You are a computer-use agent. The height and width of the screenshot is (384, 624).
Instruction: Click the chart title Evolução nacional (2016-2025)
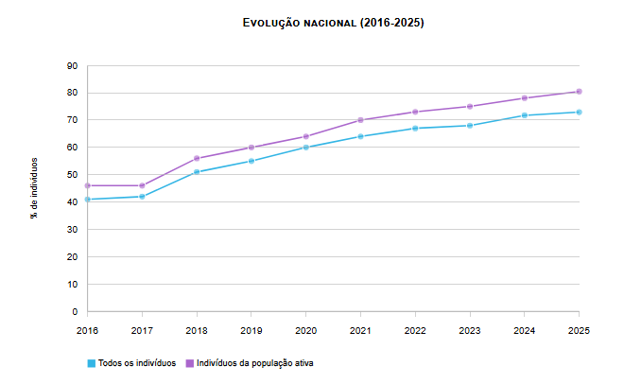point(334,23)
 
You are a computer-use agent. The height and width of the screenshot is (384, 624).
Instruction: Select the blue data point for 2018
point(197,172)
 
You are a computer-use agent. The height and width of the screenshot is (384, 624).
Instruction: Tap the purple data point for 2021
point(360,120)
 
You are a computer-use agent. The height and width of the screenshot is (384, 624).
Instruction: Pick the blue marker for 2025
point(579,113)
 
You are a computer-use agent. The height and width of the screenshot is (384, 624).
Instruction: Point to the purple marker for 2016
point(88,185)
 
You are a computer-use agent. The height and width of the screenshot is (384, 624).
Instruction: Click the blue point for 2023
point(470,126)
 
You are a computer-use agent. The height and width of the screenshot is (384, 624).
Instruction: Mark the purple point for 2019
point(251,148)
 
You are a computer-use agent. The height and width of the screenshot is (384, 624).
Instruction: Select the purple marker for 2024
point(525,97)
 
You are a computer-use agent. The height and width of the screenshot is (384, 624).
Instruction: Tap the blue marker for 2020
point(306,148)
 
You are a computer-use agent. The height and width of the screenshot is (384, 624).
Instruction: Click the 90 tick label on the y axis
point(73,66)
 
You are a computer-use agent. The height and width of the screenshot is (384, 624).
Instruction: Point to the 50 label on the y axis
point(73,175)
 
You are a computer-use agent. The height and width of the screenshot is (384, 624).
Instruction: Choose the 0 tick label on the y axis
point(75,312)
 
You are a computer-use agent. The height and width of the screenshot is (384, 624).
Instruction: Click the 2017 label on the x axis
point(142,331)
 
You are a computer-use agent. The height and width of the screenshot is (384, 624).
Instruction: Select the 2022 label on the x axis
point(415,331)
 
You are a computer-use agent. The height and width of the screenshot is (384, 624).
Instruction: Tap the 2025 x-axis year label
point(579,331)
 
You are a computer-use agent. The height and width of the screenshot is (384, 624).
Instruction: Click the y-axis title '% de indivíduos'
point(34,188)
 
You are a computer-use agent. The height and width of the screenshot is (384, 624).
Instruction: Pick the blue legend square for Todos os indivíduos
point(92,363)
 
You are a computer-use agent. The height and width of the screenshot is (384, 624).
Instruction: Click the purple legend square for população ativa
point(190,363)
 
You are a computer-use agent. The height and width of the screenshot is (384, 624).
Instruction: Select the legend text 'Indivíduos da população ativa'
point(255,363)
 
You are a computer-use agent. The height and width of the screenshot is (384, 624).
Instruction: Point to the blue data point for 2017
point(142,197)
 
